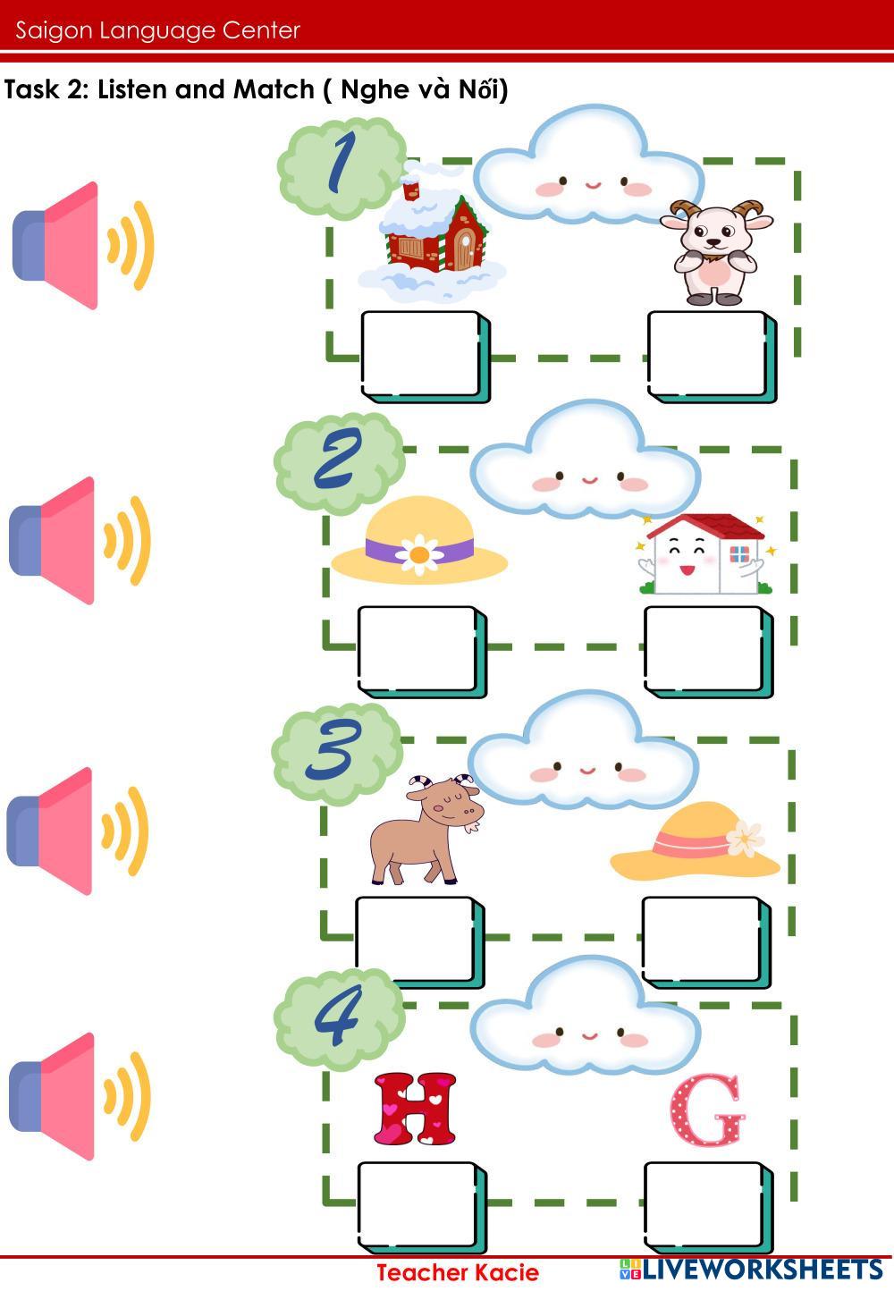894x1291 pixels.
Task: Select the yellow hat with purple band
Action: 419,542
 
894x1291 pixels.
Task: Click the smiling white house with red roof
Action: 705,554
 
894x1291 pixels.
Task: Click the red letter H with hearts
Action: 415,1109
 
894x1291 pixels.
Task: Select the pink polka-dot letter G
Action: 707,1111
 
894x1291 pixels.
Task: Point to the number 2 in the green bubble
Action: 338,459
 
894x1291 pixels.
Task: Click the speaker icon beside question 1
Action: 82,246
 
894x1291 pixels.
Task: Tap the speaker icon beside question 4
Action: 79,1096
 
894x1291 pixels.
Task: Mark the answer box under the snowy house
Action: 421,353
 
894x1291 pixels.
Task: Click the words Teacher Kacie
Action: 457,1272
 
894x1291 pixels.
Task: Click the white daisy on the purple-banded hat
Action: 417,553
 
